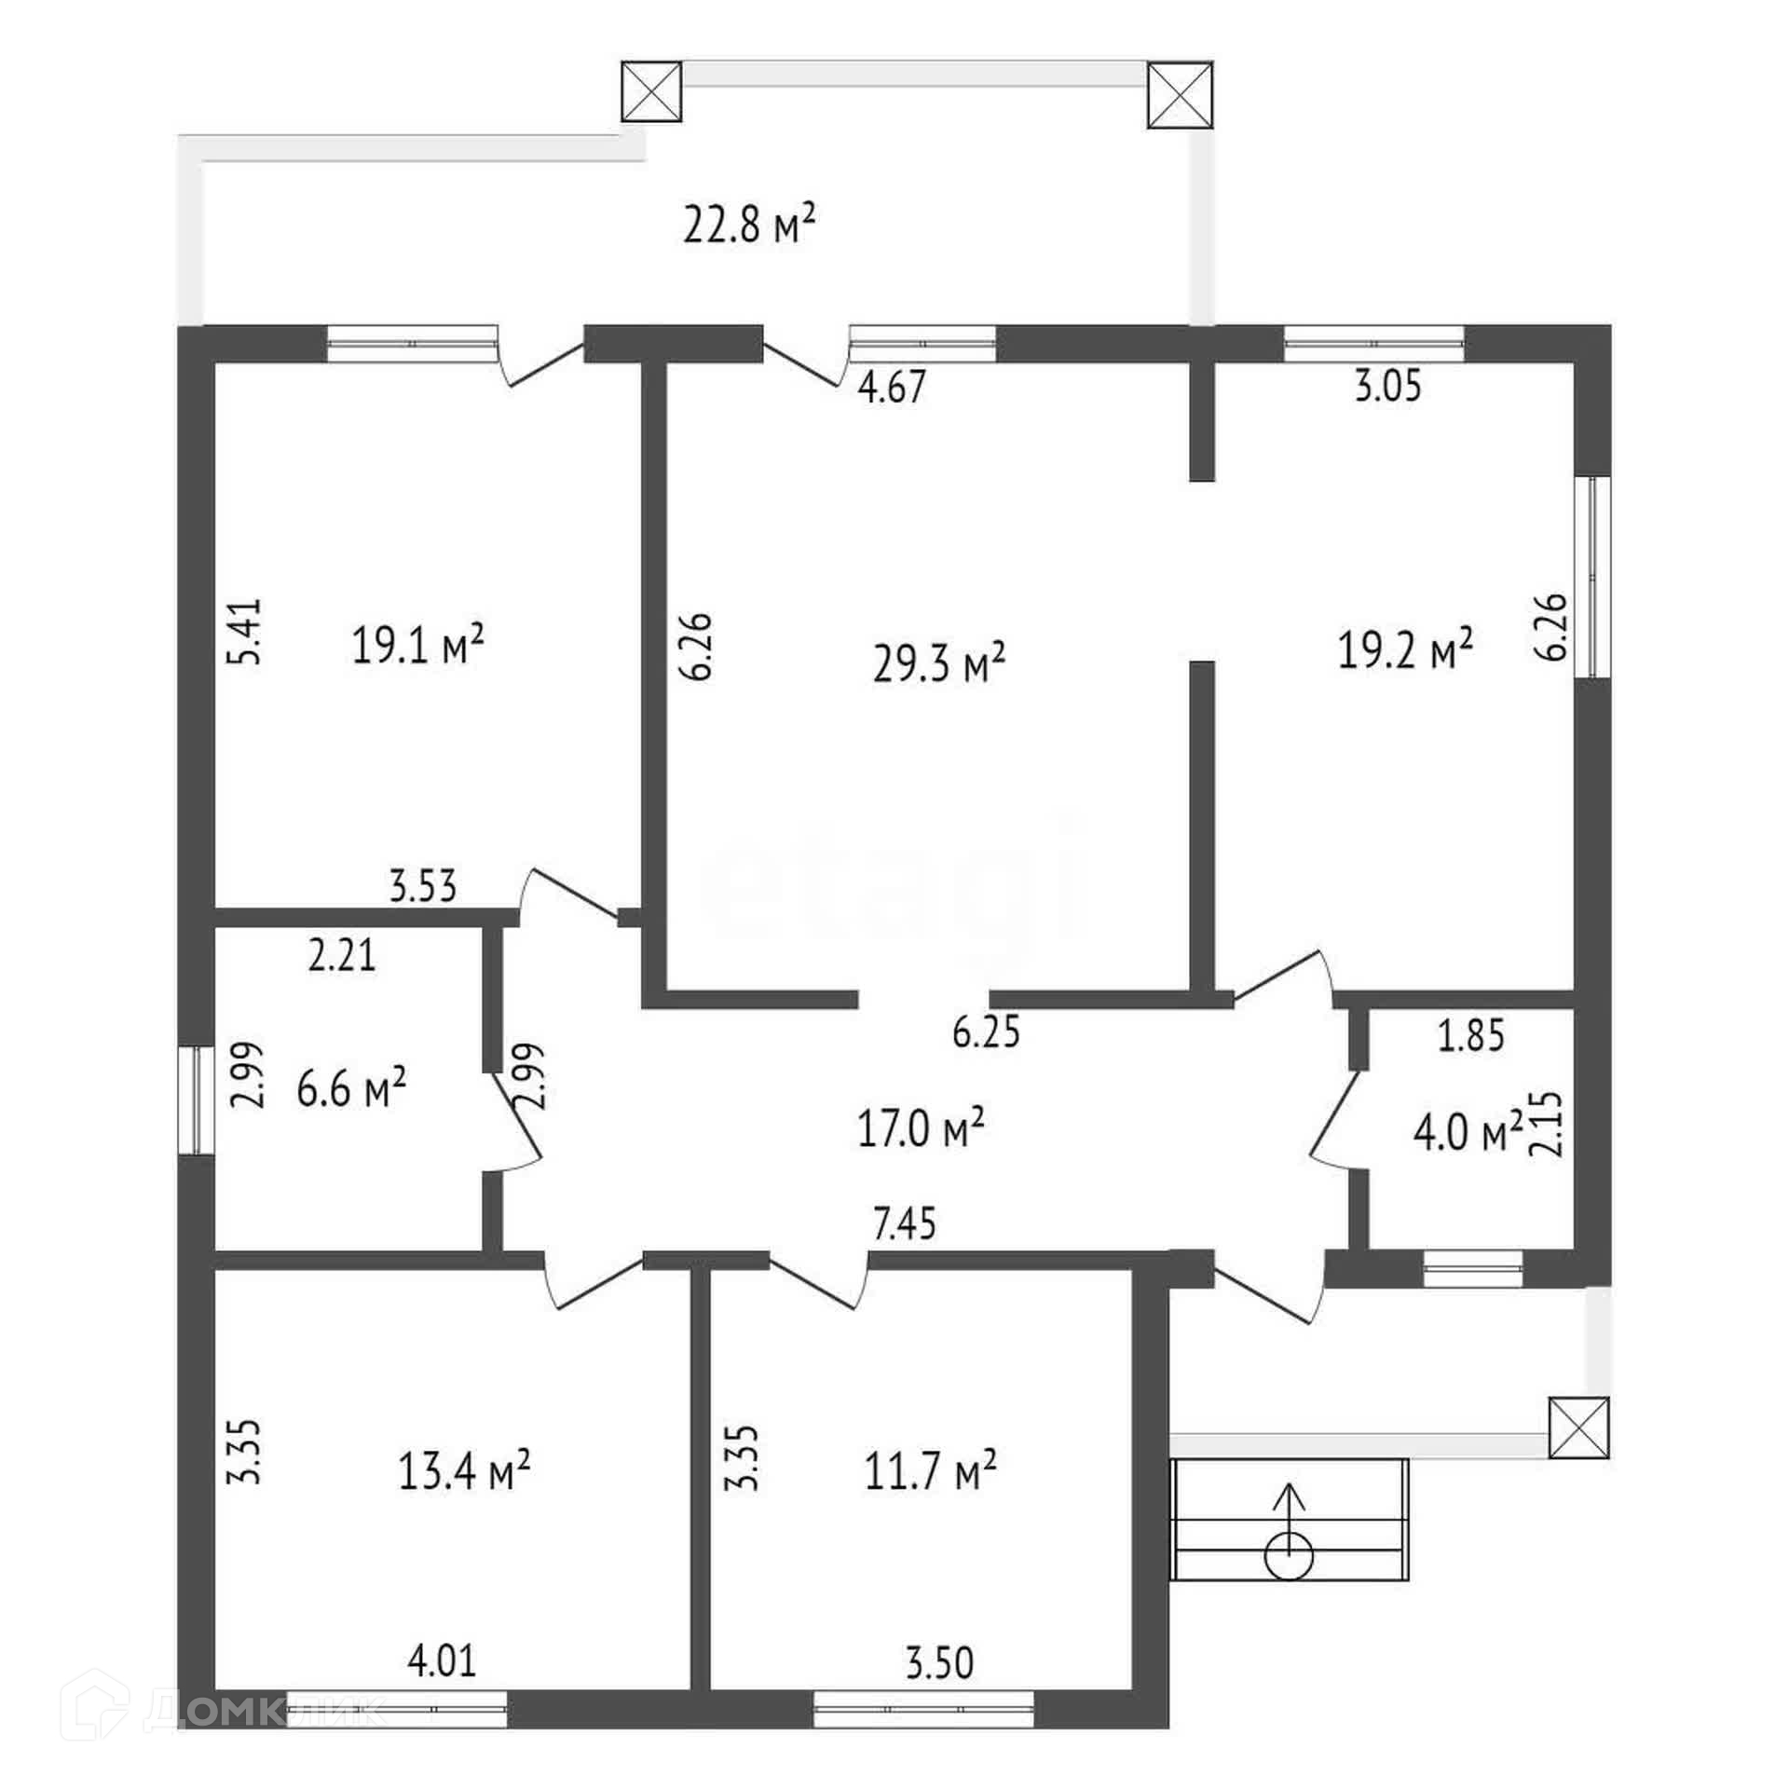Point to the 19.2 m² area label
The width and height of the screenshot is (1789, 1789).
[1405, 649]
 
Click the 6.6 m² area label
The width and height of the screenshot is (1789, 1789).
[351, 1087]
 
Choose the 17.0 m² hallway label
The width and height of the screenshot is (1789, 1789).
[921, 1128]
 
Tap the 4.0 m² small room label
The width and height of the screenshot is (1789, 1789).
[1468, 1134]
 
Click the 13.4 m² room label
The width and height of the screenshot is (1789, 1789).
[465, 1473]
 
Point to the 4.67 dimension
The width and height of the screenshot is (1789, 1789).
[892, 388]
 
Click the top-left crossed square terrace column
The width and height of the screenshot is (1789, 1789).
[651, 91]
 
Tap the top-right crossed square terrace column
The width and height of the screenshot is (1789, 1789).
[1181, 94]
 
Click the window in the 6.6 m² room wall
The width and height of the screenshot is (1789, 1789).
[197, 1099]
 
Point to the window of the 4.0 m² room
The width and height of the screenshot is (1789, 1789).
[1473, 1269]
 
